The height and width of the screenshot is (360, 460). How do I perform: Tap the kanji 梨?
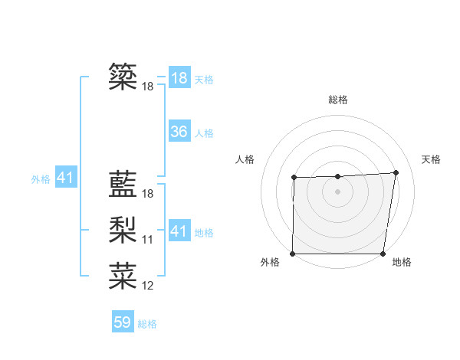point(123,229)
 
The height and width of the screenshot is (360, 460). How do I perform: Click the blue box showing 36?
point(179,132)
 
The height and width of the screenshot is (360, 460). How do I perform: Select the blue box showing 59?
point(123,322)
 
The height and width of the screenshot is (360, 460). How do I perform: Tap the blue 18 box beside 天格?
point(179,78)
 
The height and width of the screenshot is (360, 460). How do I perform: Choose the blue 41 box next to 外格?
point(65,178)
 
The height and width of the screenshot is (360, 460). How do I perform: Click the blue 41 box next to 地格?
point(179,231)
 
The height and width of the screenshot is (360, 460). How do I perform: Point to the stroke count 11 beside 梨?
point(148,241)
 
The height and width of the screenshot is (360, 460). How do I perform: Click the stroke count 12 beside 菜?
point(148,286)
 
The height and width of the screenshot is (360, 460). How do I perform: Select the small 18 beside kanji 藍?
point(148,195)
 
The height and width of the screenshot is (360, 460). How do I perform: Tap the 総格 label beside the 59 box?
point(147,324)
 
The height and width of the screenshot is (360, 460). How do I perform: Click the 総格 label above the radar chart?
point(337,100)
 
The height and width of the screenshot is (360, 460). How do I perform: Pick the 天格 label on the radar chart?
point(431,159)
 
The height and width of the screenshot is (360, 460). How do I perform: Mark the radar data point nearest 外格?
point(293,254)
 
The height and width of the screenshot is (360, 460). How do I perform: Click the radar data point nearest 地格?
point(383,254)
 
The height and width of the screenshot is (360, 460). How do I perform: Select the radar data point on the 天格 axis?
point(396,172)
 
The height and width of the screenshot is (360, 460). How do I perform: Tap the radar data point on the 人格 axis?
point(294,178)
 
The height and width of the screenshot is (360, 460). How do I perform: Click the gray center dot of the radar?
point(337,191)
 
